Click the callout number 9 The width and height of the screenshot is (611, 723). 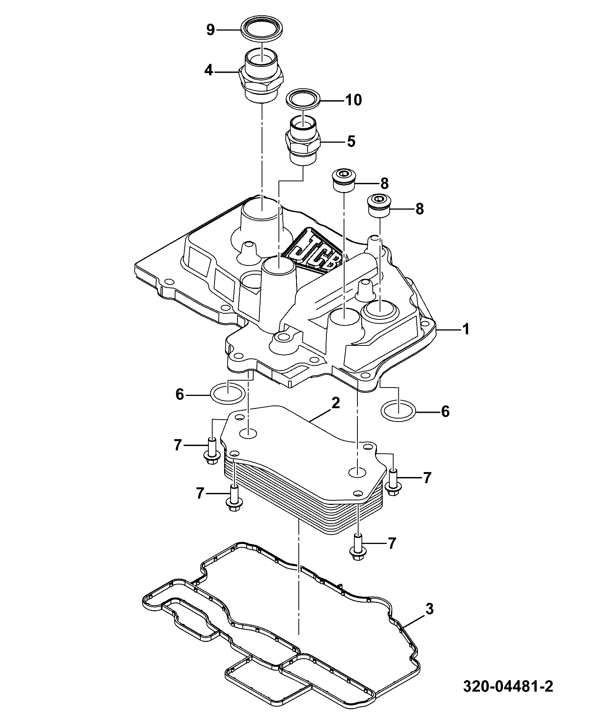(210, 30)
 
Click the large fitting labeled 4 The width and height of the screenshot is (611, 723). (261, 76)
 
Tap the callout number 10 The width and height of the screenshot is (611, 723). (353, 100)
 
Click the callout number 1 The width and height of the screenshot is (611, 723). (466, 329)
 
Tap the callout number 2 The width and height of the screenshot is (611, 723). (336, 404)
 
